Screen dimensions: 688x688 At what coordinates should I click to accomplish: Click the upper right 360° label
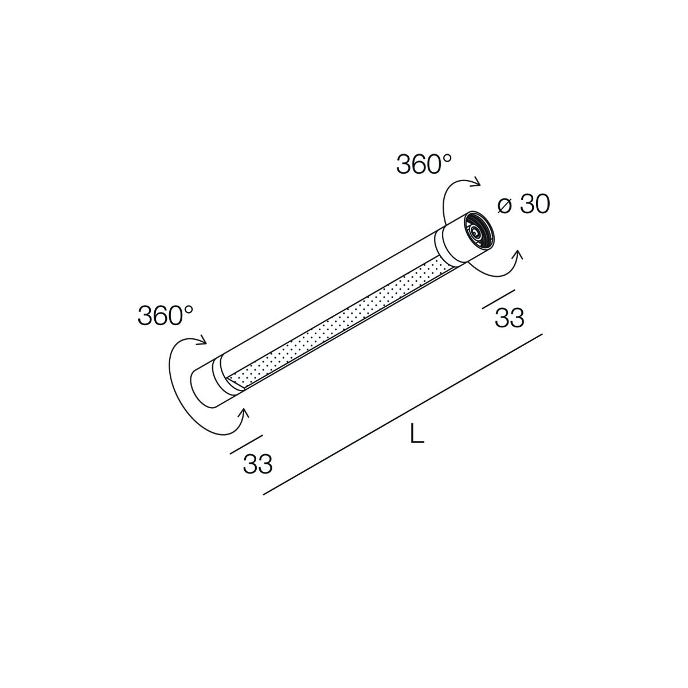[x=424, y=164]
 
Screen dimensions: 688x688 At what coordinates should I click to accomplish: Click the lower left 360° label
[x=165, y=315]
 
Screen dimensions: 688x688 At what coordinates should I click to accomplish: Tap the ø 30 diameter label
[x=523, y=205]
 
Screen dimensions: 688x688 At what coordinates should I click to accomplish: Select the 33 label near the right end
[x=510, y=318]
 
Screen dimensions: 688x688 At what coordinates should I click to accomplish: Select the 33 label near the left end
[x=258, y=464]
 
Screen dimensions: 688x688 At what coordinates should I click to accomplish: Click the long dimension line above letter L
[x=402, y=414]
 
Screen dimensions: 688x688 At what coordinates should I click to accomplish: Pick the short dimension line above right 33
[x=499, y=299]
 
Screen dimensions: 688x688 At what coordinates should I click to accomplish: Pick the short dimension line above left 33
[x=247, y=444]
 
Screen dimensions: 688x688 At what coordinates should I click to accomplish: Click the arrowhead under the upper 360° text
[x=476, y=182]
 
